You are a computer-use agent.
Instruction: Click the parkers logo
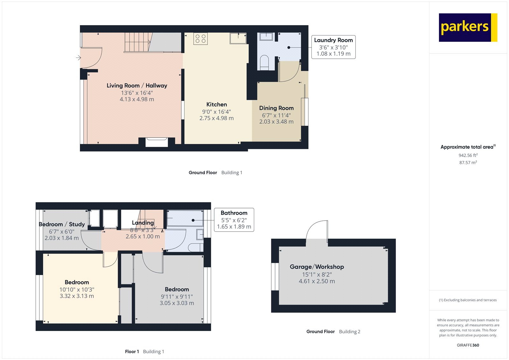pos(468,27)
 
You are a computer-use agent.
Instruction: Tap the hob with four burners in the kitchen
pos(200,39)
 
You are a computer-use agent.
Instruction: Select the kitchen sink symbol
pos(238,38)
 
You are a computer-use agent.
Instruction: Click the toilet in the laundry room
pos(264,62)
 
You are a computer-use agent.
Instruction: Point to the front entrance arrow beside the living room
pos(78,58)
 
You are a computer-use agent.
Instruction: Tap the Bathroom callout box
pos(234,220)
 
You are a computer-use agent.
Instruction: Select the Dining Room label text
pos(276,108)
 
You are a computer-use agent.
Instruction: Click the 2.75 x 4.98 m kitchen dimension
pos(216,118)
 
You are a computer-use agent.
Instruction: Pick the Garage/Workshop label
pos(317,267)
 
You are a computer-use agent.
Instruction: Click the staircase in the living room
pos(137,42)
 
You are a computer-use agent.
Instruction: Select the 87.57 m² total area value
pos(468,162)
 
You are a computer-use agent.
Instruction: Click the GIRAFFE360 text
pos(468,345)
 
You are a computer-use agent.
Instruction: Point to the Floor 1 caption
pos(132,351)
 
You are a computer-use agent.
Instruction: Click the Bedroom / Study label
pos(62,224)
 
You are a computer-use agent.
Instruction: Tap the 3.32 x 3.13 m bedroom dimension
pos(77,296)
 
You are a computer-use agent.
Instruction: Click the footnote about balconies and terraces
pos(468,300)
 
